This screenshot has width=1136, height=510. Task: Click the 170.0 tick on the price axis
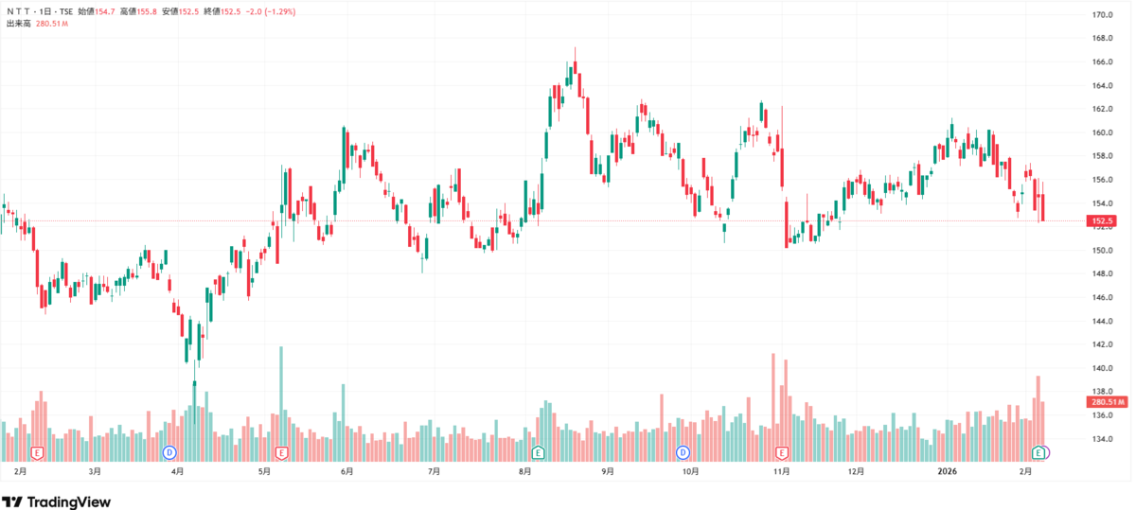(1102, 15)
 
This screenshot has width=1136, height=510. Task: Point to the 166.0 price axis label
(1102, 62)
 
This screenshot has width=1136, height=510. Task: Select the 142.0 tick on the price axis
(1102, 344)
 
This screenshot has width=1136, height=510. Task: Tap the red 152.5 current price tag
(1102, 221)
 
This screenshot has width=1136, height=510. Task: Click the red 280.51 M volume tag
(1107, 402)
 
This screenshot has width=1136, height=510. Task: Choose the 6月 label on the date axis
(346, 471)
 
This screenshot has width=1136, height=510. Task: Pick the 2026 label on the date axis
(947, 471)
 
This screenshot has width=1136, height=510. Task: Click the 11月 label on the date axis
(782, 471)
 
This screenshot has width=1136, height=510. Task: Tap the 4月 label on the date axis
(177, 471)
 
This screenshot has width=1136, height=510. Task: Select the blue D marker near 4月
(169, 452)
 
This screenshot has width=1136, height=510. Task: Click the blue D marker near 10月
(683, 452)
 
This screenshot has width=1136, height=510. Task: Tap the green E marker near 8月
(538, 452)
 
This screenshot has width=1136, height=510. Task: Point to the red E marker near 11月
(782, 452)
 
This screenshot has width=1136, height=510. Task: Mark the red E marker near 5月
(281, 452)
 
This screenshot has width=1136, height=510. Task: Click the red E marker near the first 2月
(37, 452)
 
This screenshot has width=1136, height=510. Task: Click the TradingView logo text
(68, 502)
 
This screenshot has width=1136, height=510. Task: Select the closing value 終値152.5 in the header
(222, 11)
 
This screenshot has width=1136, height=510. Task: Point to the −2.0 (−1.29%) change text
(271, 11)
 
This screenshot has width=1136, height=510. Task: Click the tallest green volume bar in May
(281, 403)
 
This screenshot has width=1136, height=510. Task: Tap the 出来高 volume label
(19, 24)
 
